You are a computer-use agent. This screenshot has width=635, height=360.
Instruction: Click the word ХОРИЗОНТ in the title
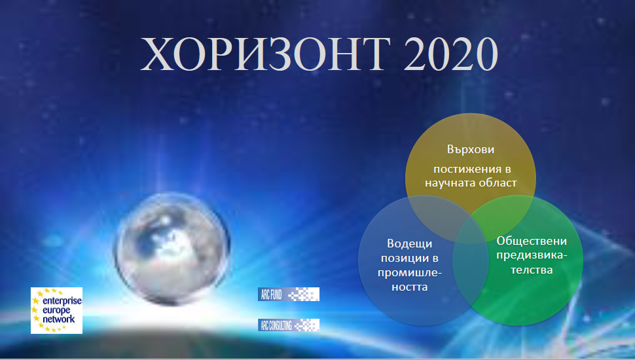(265, 54)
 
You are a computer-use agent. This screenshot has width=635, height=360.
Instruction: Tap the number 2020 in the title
(451, 54)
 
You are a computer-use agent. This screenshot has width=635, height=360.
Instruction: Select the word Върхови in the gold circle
(471, 149)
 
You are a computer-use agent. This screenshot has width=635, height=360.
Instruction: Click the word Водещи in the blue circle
(409, 243)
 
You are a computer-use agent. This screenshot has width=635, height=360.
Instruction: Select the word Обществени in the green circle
(532, 241)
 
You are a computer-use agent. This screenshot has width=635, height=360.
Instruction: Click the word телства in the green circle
(532, 270)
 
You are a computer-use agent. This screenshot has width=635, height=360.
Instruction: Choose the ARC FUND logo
(288, 294)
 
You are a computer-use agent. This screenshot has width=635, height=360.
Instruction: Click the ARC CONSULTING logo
(288, 325)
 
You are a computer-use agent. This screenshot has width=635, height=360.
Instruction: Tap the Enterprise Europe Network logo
(57, 311)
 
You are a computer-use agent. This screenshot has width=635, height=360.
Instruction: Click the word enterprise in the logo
(62, 301)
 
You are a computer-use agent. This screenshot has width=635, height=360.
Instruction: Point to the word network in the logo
(59, 319)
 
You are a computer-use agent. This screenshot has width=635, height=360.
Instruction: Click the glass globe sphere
(172, 248)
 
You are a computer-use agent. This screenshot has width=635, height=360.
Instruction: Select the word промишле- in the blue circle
(409, 273)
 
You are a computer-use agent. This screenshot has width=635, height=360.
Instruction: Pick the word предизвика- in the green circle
(532, 255)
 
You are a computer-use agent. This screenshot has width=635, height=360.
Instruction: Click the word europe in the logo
(56, 311)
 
